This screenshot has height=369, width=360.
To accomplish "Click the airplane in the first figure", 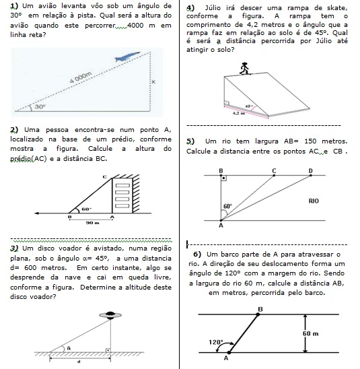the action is (127, 57).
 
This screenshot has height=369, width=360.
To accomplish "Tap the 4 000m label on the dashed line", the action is (81, 77).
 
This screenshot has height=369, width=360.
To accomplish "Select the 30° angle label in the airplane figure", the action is (40, 106).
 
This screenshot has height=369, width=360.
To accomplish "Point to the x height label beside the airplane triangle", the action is (153, 82).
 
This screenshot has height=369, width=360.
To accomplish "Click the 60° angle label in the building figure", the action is (86, 209).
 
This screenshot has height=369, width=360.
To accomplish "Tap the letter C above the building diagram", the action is (105, 176).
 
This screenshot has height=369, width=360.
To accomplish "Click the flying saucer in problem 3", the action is (110, 315).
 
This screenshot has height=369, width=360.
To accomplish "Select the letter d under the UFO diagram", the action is (79, 362).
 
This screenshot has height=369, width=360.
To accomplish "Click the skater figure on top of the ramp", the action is (244, 69).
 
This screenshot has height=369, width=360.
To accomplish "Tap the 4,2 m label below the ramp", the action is (239, 113).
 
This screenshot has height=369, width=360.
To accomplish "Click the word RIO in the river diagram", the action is (314, 201).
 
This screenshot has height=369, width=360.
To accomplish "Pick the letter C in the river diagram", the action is (274, 171).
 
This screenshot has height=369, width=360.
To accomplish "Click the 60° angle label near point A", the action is (227, 206).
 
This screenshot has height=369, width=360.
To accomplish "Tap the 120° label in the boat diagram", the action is (216, 342).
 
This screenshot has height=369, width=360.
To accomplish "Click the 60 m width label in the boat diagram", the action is (310, 333).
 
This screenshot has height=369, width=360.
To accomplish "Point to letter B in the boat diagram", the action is (260, 309).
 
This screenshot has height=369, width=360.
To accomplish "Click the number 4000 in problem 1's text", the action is (135, 25).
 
